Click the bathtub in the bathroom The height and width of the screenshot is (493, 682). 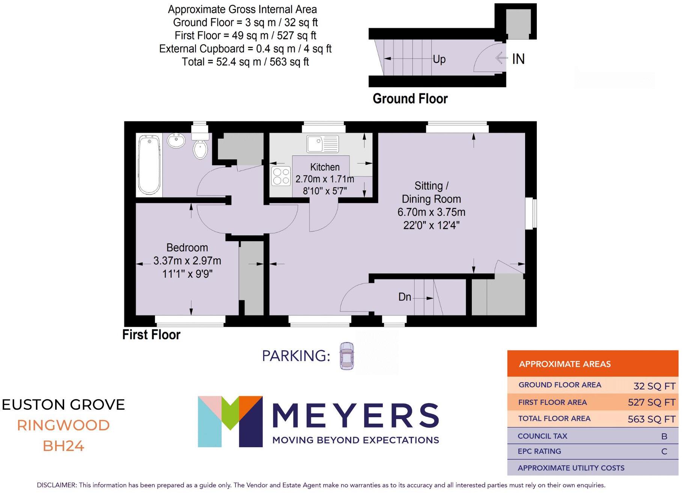click(x=149, y=165)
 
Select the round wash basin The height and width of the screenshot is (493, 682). click(x=176, y=141)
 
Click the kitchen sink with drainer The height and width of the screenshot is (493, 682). click(x=322, y=144)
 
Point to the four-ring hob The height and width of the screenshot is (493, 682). click(x=281, y=176)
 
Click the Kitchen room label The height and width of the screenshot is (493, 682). click(x=325, y=167)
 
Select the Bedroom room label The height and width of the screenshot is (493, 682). click(x=187, y=248)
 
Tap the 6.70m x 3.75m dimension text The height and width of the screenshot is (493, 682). click(x=431, y=212)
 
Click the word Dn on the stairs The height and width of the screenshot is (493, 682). click(x=404, y=297)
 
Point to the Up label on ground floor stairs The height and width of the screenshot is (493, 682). click(x=439, y=59)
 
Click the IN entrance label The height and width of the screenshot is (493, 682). click(x=518, y=59)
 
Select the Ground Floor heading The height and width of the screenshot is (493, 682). click(x=410, y=99)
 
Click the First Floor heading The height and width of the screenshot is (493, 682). click(x=151, y=335)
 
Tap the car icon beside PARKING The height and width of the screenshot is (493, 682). click(x=346, y=356)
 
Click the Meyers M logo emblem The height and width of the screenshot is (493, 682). click(x=230, y=421)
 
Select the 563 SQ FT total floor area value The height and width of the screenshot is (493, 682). click(x=651, y=419)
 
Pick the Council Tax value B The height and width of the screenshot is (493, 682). click(x=664, y=436)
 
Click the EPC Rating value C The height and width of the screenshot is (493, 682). click(x=664, y=452)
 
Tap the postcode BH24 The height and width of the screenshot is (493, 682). click(x=63, y=446)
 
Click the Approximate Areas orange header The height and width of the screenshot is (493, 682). click(x=592, y=364)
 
